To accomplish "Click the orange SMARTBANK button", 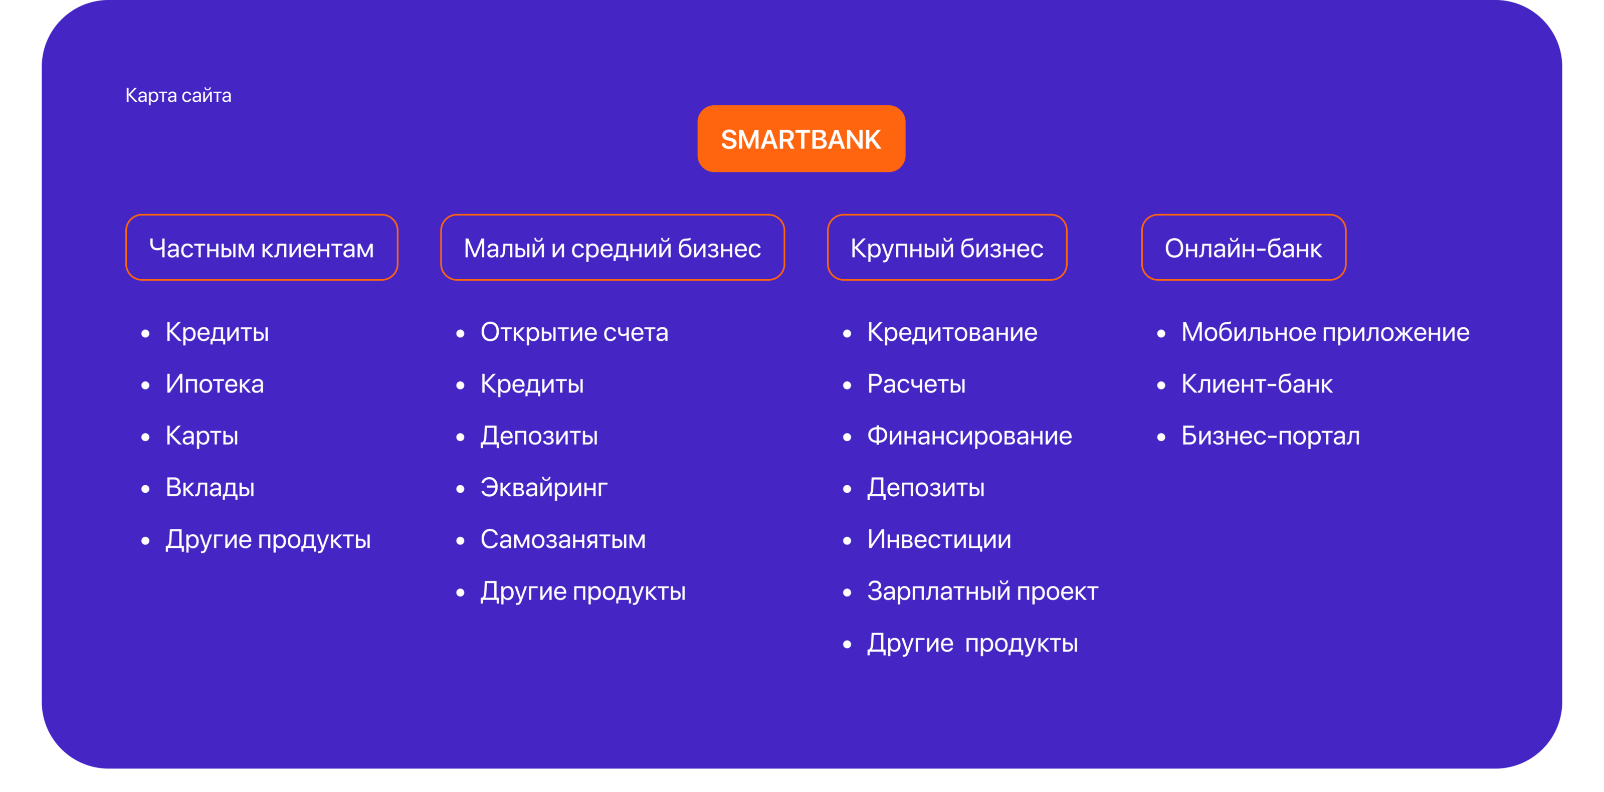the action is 801,139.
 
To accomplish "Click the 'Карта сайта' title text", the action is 178,95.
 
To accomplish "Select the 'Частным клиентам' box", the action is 262,247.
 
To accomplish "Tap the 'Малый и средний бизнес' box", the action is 612,247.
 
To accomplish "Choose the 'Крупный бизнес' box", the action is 946,247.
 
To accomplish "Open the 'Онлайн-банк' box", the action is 1244,247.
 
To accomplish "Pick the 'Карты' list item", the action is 202,436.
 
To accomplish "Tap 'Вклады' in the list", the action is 210,488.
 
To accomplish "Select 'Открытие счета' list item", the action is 574,332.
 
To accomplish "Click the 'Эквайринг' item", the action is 543,488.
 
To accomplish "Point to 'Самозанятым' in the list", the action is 563,539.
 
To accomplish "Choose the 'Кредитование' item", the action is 952,332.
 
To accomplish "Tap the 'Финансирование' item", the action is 969,436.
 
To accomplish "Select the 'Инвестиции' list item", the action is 939,539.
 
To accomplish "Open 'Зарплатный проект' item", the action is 982,591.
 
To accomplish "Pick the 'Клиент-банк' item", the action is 1257,384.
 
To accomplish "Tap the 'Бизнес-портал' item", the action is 1270,436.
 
